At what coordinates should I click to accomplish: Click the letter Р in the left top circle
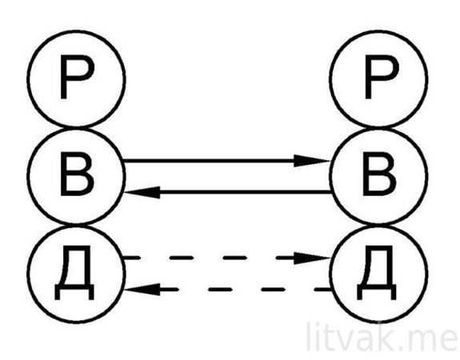[x=77, y=78]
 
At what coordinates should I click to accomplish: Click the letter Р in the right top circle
[x=382, y=78]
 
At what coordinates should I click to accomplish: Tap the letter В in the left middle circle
[x=77, y=174]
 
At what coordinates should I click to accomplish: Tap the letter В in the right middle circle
[x=380, y=174]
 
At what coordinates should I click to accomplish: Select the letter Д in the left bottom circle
[x=74, y=274]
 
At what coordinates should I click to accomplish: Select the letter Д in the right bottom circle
[x=377, y=274]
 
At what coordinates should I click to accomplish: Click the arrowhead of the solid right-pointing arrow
[x=312, y=161]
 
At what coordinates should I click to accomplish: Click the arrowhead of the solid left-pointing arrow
[x=142, y=192]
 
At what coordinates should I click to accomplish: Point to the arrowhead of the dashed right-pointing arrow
[x=312, y=258]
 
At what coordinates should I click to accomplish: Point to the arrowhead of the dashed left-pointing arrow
[x=142, y=290]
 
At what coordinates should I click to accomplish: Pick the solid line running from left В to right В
[x=226, y=161]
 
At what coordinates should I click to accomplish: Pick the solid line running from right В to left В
[x=227, y=192]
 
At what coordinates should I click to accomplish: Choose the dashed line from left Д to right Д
[x=226, y=258]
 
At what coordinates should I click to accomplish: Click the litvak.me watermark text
[x=382, y=337]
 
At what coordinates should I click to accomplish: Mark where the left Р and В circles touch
[x=77, y=128]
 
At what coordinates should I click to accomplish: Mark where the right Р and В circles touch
[x=378, y=128]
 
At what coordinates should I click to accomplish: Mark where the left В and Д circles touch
[x=77, y=225]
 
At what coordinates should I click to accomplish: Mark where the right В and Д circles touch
[x=378, y=225]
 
